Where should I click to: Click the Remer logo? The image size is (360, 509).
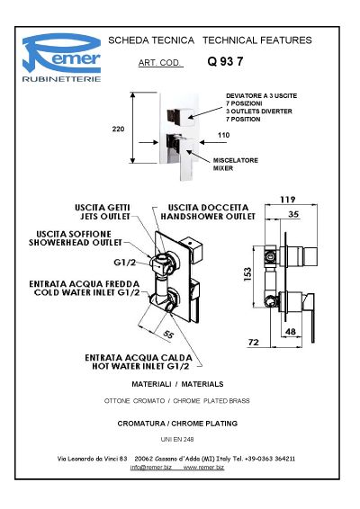tap(61, 58)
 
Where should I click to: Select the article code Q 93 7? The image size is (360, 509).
tap(225, 61)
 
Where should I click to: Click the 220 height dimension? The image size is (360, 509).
tap(118, 129)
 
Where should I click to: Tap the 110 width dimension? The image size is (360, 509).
tap(223, 135)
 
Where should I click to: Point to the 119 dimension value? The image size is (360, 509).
tap(288, 200)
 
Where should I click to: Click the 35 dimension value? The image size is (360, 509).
tap(293, 214)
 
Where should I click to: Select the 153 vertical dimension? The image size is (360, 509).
tap(247, 274)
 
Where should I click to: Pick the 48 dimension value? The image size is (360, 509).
tap(290, 332)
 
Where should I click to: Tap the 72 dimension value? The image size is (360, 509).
tap(254, 342)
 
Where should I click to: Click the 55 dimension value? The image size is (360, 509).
tap(168, 335)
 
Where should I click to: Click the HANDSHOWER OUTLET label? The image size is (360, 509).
tap(208, 217)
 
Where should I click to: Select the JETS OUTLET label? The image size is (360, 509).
tap(105, 217)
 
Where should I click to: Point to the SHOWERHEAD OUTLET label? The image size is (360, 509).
tap(76, 243)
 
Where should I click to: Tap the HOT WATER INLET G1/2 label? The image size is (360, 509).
tap(140, 366)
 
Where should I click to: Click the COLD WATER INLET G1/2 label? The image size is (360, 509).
tap(87, 292)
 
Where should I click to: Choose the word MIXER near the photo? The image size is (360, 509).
tap(223, 168)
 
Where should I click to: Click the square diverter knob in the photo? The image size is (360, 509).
tap(180, 116)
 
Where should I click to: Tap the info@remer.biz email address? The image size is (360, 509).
tap(151, 468)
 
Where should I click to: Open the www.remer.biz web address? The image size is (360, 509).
tap(203, 468)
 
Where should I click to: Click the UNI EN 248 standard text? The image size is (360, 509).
tap(177, 439)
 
